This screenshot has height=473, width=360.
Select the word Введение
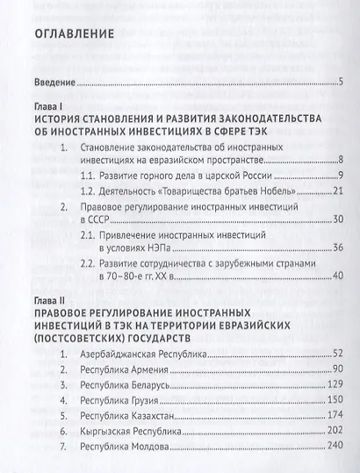click(x=52, y=83)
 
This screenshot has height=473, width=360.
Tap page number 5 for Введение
click(x=340, y=83)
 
